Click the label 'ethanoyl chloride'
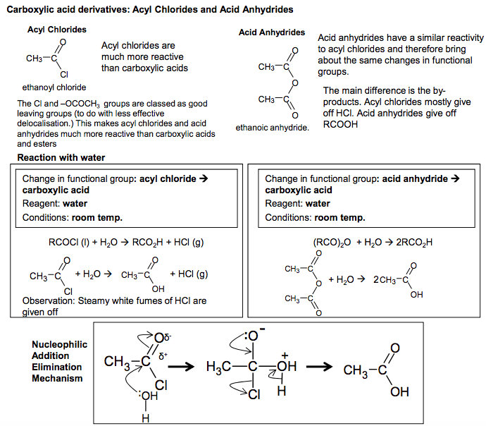[54, 87]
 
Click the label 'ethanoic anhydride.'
[272, 128]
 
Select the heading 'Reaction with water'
[61, 157]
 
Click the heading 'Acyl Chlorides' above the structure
[57, 30]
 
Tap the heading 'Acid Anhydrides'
[271, 32]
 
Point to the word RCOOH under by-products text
[340, 124]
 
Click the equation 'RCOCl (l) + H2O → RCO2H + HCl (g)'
[126, 243]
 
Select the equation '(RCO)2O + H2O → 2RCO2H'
[373, 243]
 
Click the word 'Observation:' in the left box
[49, 300]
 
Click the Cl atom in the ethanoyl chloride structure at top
[64, 75]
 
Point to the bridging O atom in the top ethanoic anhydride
[294, 83]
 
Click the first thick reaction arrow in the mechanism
[181, 367]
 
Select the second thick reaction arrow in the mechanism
[319, 367]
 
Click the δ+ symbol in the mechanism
[163, 356]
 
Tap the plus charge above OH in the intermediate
[285, 355]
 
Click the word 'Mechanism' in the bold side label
[57, 379]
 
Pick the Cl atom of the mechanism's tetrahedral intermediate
[254, 395]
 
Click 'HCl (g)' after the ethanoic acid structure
[193, 274]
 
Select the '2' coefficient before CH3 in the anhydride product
[376, 280]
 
